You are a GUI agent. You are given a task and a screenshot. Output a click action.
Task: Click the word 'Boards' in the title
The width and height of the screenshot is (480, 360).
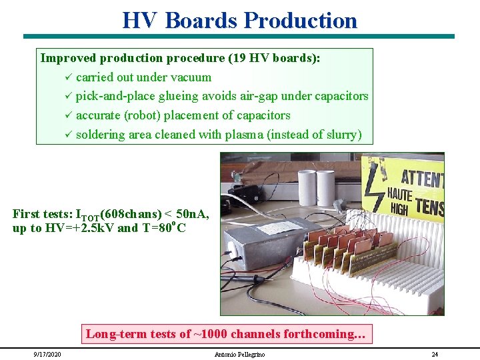click(201, 20)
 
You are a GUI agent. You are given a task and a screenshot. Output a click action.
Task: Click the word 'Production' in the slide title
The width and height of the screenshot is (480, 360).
click(300, 20)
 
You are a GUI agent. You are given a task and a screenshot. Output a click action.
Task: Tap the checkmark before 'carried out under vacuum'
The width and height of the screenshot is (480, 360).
click(67, 77)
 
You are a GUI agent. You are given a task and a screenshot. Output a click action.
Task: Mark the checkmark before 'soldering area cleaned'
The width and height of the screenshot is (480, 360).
click(67, 135)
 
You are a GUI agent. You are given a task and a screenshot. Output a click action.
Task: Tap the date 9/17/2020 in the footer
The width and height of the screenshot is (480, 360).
click(47, 354)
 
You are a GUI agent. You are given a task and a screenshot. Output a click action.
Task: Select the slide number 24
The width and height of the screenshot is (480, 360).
click(435, 354)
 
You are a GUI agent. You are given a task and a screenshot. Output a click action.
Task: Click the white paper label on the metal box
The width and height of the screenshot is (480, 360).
click(281, 227)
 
